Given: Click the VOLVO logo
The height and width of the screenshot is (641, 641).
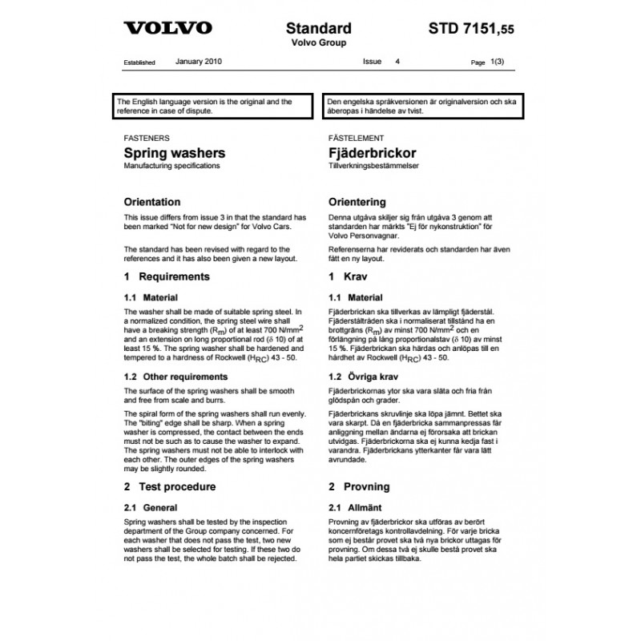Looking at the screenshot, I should [167, 29].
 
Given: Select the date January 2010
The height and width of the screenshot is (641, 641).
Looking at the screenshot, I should [200, 61].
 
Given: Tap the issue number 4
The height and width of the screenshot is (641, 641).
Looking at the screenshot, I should [397, 61].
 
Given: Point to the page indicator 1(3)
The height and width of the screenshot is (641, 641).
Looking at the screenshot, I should [498, 62].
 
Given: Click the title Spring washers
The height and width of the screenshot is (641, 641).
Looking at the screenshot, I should [174, 152].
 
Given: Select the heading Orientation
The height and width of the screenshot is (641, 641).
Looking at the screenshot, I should [152, 202].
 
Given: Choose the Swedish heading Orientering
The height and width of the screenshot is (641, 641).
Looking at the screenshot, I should [357, 202].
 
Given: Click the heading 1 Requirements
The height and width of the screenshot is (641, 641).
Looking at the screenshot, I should [167, 276].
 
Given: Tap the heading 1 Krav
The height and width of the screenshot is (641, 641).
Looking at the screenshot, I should [350, 276].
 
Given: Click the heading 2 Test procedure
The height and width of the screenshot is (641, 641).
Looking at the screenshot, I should [169, 486].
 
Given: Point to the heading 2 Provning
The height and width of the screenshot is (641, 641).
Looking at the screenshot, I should [359, 486].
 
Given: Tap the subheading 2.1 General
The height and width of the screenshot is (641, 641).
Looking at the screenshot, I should [151, 507].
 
